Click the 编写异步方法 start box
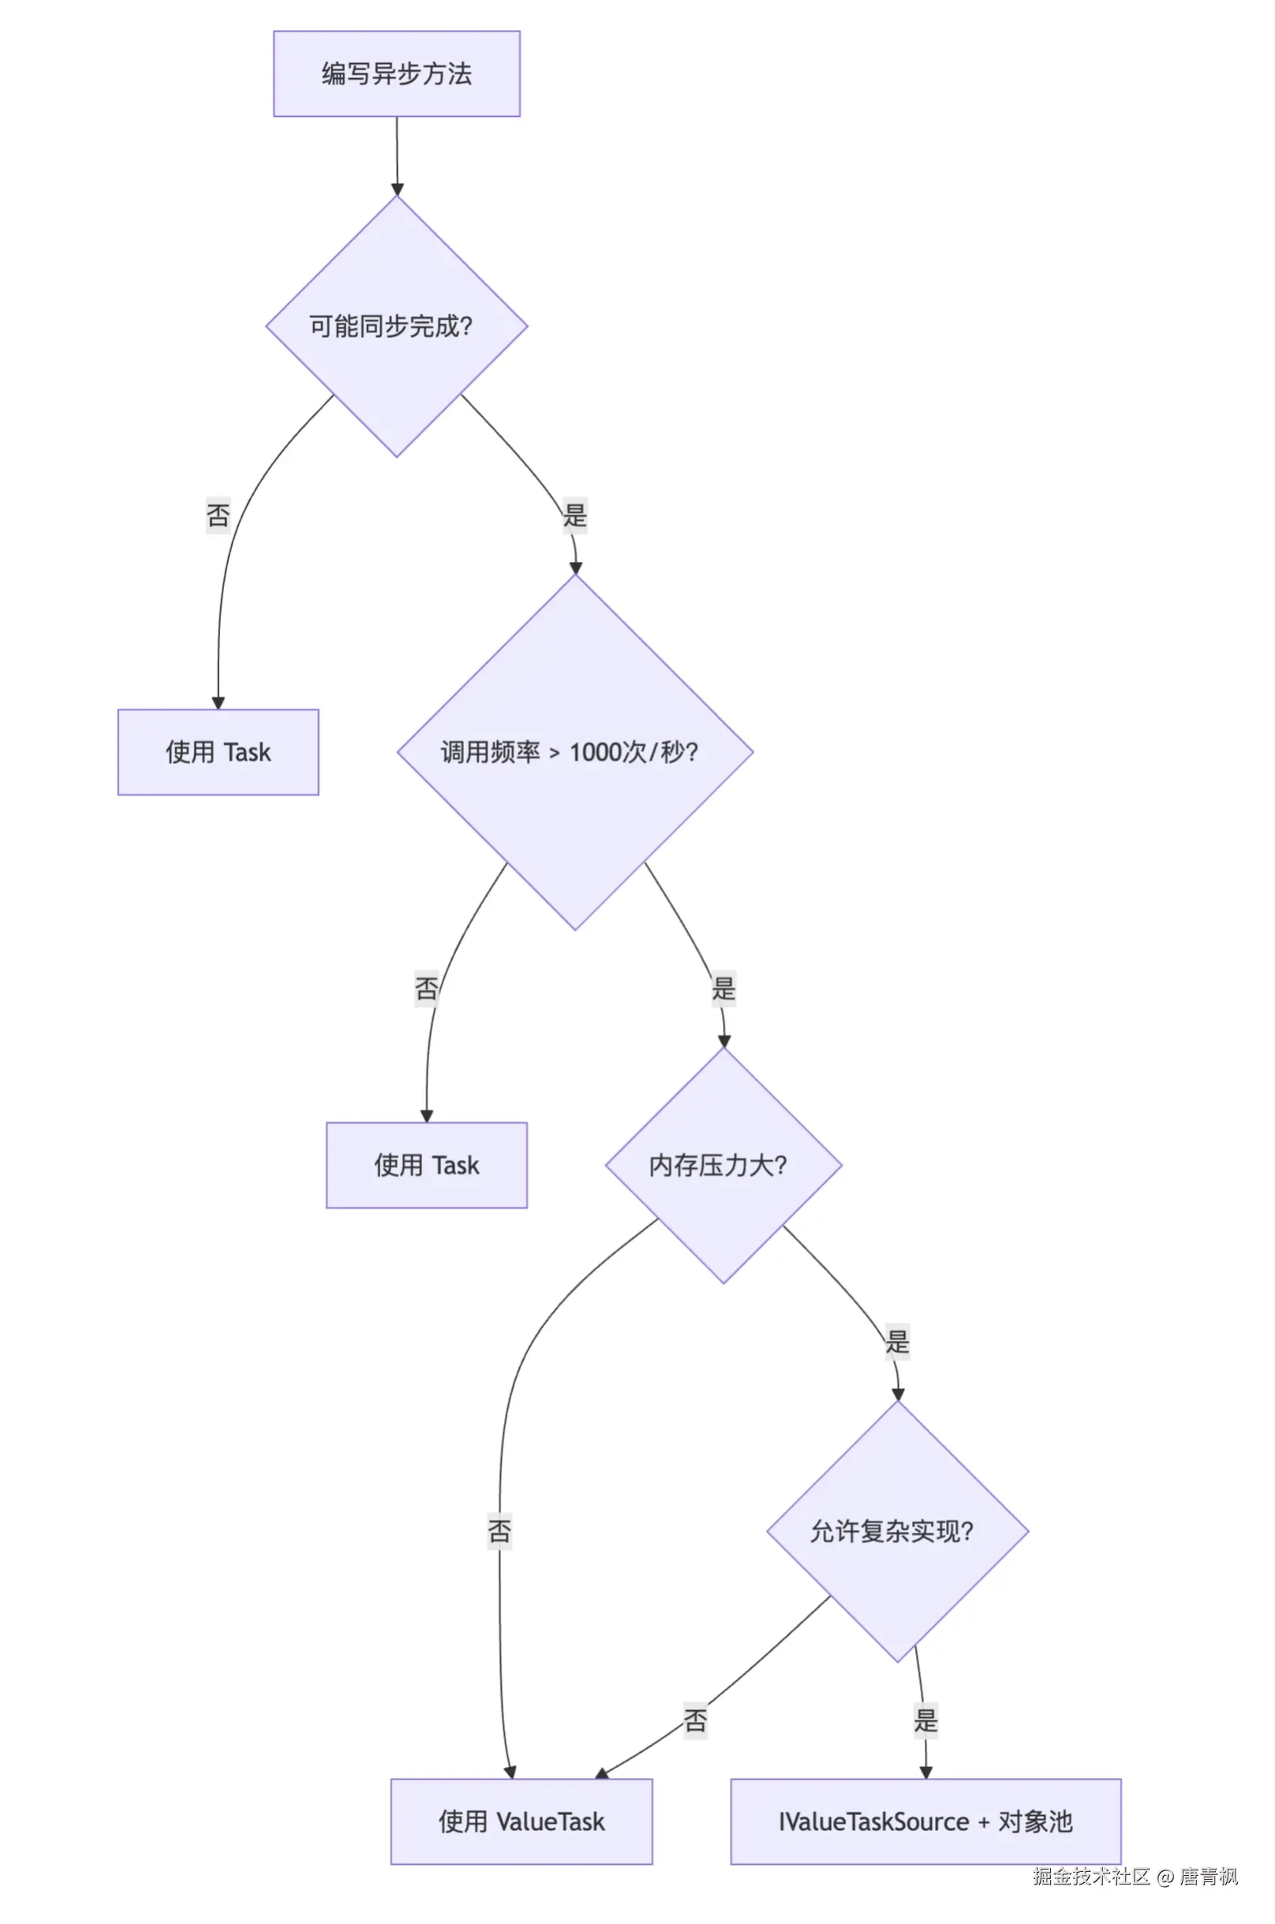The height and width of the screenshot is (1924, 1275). tap(397, 74)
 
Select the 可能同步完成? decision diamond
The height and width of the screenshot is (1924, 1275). tap(397, 326)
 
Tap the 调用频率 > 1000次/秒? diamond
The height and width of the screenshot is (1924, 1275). tap(575, 752)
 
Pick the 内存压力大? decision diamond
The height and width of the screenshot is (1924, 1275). tap(723, 1166)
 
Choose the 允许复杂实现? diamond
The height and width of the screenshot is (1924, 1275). tap(898, 1531)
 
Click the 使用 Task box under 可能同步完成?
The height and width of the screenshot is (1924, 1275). tap(218, 752)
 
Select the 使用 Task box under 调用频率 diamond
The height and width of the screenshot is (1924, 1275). tap(427, 1166)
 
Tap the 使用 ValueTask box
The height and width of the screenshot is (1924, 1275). tap(522, 1821)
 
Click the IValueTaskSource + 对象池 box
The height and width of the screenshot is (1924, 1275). tap(926, 1821)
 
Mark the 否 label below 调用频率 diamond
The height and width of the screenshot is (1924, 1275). tap(427, 989)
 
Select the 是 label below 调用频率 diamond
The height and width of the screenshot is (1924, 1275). tap(723, 989)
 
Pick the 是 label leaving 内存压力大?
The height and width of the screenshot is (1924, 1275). tap(898, 1342)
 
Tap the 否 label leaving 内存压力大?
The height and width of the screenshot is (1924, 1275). tap(499, 1531)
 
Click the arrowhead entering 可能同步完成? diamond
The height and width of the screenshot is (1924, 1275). tap(397, 190)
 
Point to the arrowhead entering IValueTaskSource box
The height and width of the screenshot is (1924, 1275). tap(926, 1772)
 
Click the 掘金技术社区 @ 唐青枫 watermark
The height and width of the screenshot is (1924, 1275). tap(1135, 1877)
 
